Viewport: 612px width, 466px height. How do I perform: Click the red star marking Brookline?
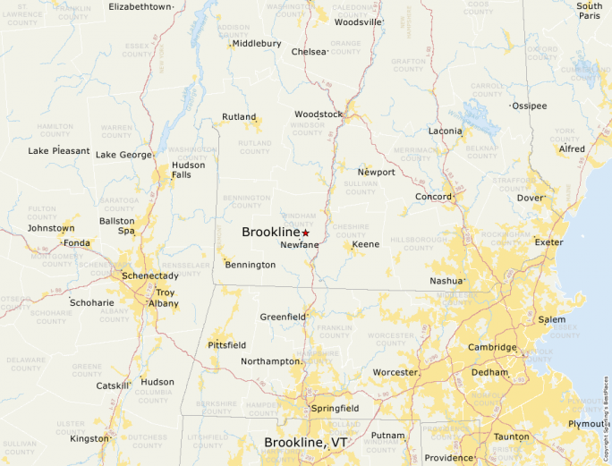(305, 233)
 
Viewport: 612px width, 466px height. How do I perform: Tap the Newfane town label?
(298, 245)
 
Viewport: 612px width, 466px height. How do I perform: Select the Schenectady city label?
(150, 275)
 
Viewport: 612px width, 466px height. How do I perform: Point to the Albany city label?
(164, 304)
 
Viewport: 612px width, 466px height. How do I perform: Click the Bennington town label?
(251, 265)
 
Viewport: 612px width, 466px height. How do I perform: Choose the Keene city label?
(365, 244)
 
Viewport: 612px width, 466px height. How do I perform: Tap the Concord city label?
(433, 197)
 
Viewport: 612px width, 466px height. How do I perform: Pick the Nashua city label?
(446, 280)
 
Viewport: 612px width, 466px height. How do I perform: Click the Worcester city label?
(395, 372)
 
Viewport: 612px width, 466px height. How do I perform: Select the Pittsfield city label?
(226, 344)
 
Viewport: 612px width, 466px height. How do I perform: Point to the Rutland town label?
(239, 117)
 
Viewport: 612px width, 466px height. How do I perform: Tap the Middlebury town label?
(257, 43)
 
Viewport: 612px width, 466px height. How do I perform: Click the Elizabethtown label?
(140, 6)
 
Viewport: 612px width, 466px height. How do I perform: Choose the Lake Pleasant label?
(59, 151)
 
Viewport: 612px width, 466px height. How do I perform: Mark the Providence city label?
(448, 458)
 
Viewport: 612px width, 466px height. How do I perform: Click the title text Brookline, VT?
(305, 443)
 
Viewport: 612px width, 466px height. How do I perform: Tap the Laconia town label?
(445, 131)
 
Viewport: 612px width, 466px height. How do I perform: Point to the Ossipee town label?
(529, 106)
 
